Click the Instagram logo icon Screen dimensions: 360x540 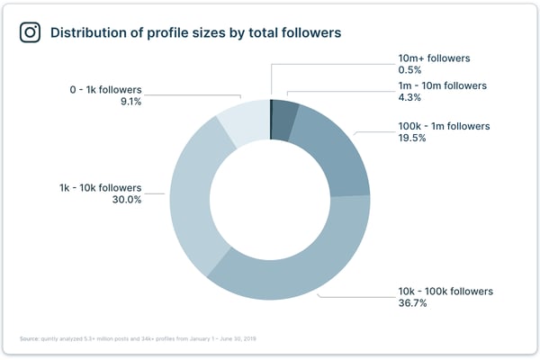[31, 32]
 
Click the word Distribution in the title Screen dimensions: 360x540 [88, 32]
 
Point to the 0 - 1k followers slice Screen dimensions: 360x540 [242, 122]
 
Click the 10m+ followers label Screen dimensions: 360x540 [434, 58]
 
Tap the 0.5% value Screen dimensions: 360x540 [410, 70]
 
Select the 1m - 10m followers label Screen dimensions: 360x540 [442, 86]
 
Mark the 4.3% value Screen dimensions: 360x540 [410, 98]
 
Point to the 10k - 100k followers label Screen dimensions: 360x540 [445, 292]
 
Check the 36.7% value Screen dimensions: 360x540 [413, 304]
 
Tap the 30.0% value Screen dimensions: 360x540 [125, 201]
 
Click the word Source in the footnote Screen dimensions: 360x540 [30, 339]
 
